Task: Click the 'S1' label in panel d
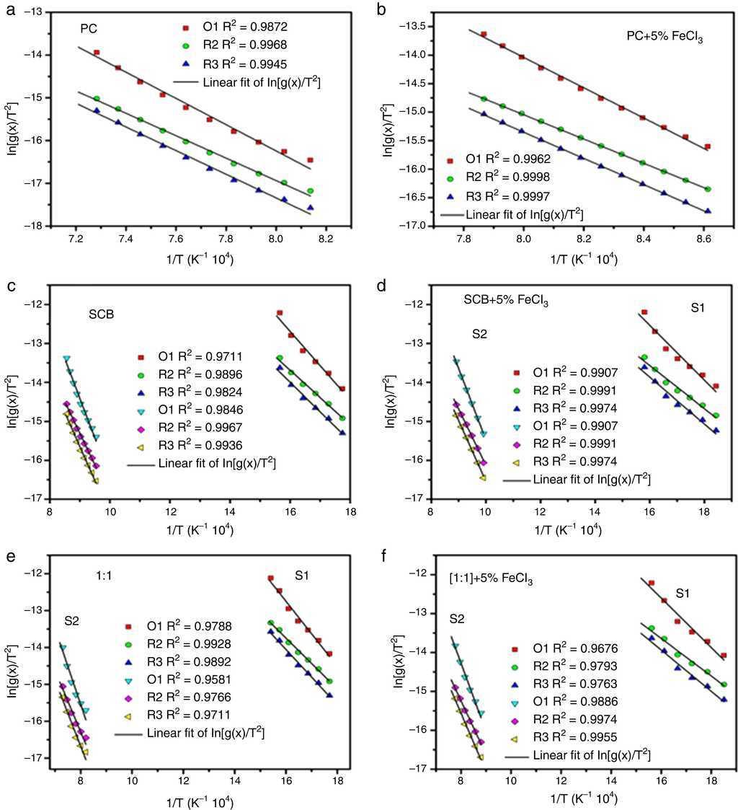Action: click(697, 308)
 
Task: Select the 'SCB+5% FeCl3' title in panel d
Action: click(506, 301)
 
